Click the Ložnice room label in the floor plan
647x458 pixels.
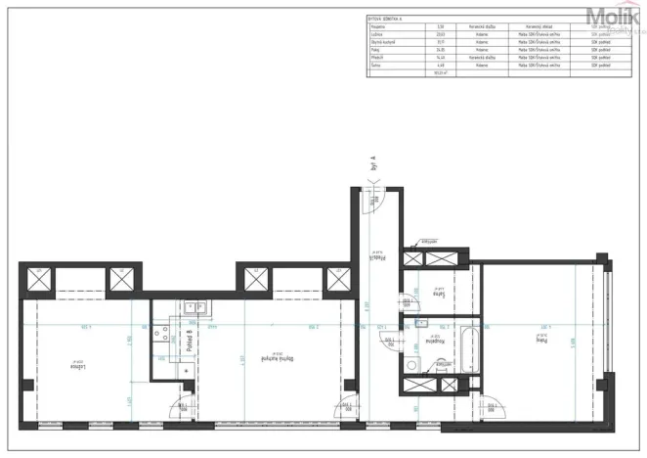tap(74, 364)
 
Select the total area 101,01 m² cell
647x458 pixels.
tap(441, 72)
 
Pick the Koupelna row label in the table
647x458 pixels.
tap(378, 25)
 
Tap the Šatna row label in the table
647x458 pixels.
tap(376, 66)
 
